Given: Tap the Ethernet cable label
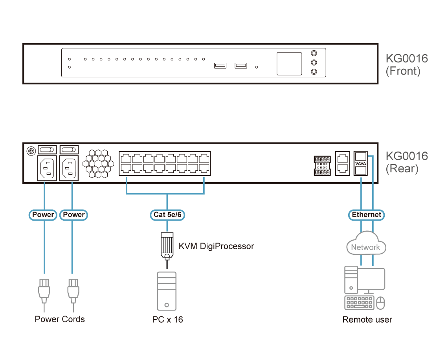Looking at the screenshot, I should [x=366, y=215].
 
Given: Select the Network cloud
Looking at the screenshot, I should [x=365, y=245].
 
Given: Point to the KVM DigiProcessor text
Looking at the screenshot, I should [x=216, y=246].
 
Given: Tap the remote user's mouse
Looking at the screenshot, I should [x=380, y=303].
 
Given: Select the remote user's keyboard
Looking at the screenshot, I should [x=359, y=303].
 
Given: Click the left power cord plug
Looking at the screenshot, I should [x=44, y=291].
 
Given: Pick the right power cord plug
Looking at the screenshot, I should [x=72, y=291].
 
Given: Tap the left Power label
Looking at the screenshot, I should [x=43, y=215].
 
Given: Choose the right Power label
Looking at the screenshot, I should [x=74, y=215].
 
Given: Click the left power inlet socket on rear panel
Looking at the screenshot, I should [x=47, y=168].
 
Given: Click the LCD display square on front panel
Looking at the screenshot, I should [x=289, y=63].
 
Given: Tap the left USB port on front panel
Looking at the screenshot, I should [x=220, y=66].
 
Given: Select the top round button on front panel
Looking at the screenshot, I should [x=314, y=54].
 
